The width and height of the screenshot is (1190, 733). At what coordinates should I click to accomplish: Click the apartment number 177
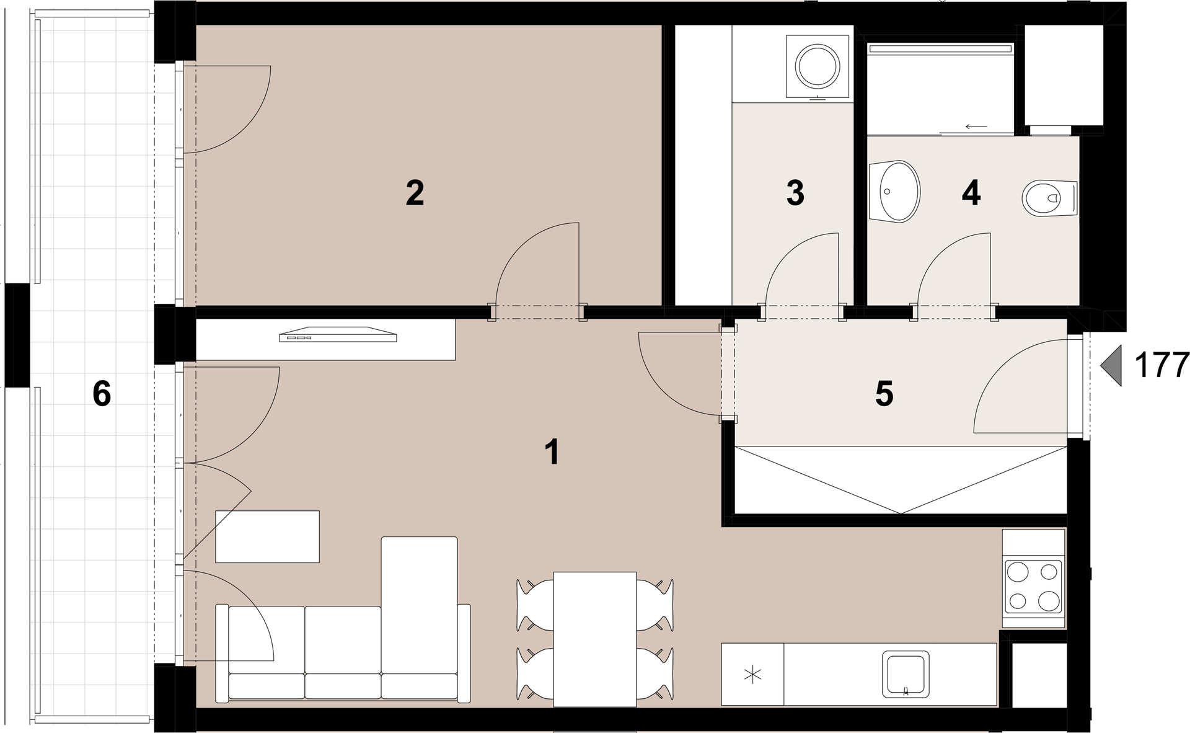point(1161,365)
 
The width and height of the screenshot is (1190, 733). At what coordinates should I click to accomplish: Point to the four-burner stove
point(1033,585)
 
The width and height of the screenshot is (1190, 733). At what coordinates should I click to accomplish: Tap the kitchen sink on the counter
point(906,673)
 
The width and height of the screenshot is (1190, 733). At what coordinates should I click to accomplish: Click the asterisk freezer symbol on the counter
point(753,674)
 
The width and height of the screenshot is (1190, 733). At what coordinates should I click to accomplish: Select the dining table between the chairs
point(595,639)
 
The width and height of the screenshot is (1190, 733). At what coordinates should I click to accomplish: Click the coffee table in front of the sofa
point(267,536)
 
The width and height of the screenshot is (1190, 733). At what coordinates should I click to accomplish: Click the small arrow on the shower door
point(976,127)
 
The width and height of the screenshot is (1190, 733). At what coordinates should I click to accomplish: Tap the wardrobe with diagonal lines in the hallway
point(901,480)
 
